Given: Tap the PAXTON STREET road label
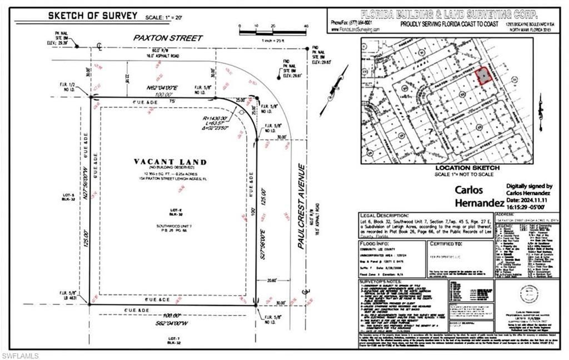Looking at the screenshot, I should pyautogui.click(x=167, y=38).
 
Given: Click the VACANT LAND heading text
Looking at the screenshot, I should pyautogui.click(x=170, y=162).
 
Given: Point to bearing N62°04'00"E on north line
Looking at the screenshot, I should pyautogui.click(x=147, y=88).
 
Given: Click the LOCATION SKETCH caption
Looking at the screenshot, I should pyautogui.click(x=467, y=167).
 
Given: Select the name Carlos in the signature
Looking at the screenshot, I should pyautogui.click(x=471, y=189).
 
